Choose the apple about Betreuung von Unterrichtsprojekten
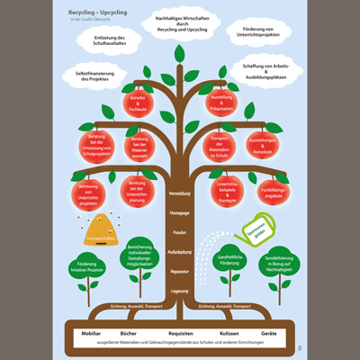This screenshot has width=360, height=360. pyautogui.click(x=88, y=194)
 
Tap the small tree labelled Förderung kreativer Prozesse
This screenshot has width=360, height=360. pyautogui.click(x=88, y=272)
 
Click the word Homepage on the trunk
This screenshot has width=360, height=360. pyautogui.click(x=180, y=213)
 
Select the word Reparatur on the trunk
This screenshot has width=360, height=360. pyautogui.click(x=180, y=270)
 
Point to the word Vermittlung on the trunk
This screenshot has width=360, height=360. pyautogui.click(x=180, y=193)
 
